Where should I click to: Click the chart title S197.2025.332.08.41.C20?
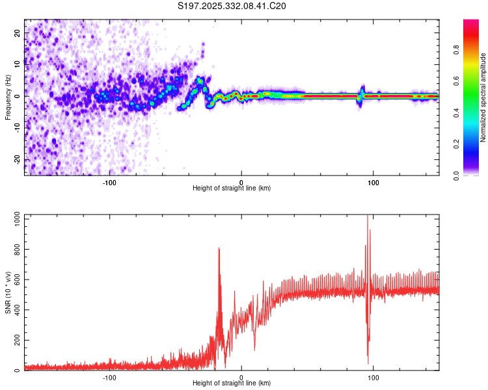pos(232,6)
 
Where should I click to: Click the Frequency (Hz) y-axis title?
pos(7,97)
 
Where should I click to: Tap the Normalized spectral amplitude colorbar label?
pos(483,97)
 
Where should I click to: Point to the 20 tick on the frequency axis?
pos(18,32)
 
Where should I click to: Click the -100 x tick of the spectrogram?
pos(109,182)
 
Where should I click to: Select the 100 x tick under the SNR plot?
pos(373,377)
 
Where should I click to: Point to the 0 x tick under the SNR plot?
pos(241,377)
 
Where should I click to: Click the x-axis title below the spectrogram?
pos(232,188)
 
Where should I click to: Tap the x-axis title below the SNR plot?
pos(232,383)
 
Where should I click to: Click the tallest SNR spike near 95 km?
pos(368,216)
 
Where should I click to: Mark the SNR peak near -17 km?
pos(219,248)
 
